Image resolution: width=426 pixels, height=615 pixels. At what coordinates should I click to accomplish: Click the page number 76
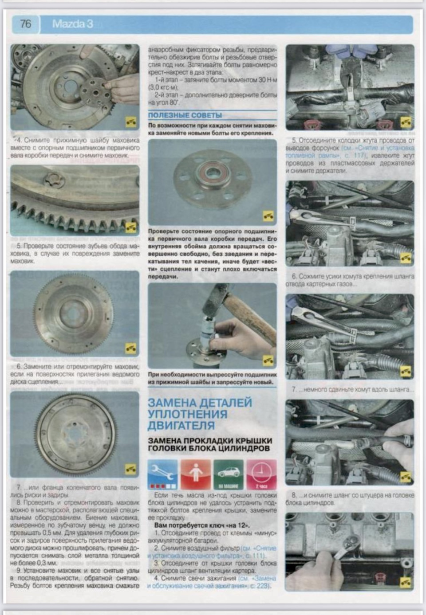25,24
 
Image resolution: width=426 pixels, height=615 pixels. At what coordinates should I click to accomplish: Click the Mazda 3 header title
73,24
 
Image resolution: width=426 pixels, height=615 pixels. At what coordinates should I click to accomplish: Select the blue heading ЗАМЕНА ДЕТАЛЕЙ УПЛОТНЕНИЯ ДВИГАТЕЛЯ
200,414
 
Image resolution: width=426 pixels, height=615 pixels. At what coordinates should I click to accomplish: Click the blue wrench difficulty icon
162,474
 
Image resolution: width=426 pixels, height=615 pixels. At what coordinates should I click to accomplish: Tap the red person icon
195,474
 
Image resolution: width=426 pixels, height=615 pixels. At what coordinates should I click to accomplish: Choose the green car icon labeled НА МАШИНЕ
228,474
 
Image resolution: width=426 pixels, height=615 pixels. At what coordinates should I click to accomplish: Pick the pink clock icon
261,474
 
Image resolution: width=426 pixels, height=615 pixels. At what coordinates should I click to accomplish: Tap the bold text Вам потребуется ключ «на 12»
202,525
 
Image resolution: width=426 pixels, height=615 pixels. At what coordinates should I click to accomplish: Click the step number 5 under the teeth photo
19,246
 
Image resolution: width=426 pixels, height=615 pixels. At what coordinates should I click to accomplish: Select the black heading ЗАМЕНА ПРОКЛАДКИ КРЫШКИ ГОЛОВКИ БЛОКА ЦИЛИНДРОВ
210,444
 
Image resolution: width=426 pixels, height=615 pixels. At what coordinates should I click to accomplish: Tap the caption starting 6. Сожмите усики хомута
350,280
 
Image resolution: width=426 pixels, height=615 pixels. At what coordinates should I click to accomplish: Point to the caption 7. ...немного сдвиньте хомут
352,389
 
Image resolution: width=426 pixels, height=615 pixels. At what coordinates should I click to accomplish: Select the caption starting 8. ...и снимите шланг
350,499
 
